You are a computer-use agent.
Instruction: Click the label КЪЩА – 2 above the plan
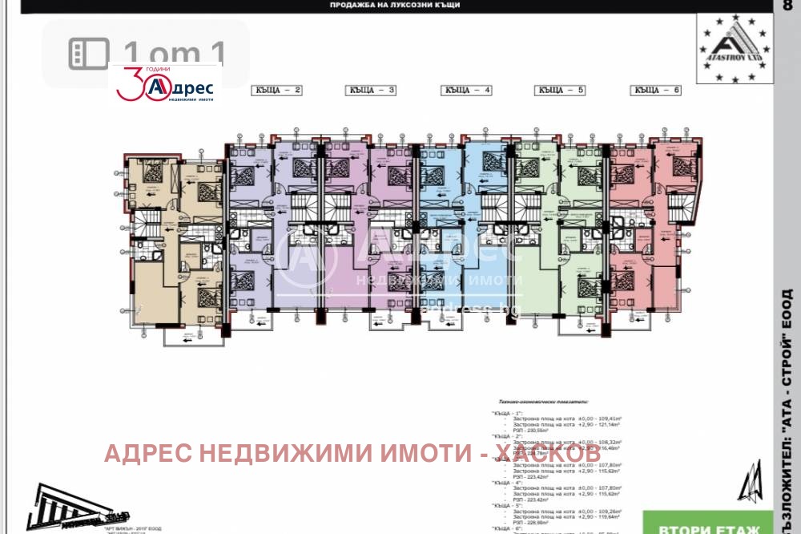click(x=276, y=91)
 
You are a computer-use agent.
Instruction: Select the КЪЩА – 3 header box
click(x=371, y=91)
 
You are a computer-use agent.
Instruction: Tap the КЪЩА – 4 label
click(x=466, y=91)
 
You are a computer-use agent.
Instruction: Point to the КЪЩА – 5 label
click(x=561, y=91)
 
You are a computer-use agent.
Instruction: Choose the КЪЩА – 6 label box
click(x=656, y=91)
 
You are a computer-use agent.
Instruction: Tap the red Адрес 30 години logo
click(x=166, y=84)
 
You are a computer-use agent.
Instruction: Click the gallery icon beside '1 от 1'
click(x=89, y=54)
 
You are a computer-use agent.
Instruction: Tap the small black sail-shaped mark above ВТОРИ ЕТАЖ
click(x=750, y=481)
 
